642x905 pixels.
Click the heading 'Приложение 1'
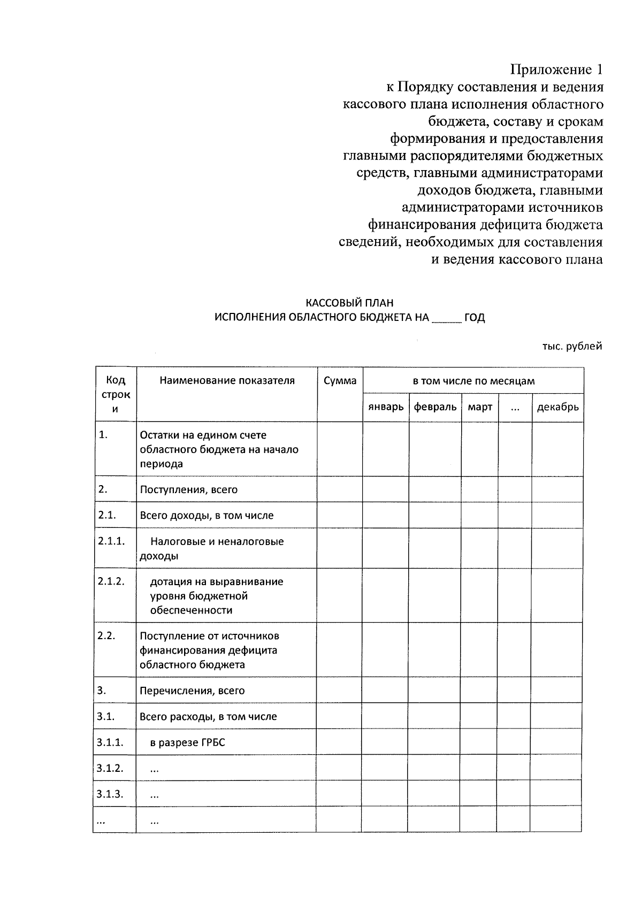click(x=556, y=70)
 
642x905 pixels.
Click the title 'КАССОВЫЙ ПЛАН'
click(x=349, y=303)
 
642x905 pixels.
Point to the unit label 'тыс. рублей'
click(x=572, y=347)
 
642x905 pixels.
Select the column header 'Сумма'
click(x=340, y=381)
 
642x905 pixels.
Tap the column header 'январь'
click(x=386, y=407)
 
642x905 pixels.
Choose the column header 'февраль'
click(x=435, y=407)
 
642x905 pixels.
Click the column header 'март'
click(x=480, y=407)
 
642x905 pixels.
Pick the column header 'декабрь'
click(x=557, y=407)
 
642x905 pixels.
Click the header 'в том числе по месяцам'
click(x=473, y=381)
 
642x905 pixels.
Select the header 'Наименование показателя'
click(x=227, y=381)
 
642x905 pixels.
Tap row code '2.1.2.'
click(x=111, y=581)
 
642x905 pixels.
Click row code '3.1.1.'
click(x=110, y=742)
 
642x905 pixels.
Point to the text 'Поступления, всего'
click(x=188, y=489)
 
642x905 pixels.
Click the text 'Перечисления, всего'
click(x=192, y=691)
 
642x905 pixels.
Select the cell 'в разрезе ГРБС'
click(x=187, y=743)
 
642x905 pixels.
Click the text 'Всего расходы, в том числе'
click(x=208, y=717)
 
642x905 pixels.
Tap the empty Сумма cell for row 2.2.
click(x=339, y=650)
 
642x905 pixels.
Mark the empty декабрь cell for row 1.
click(x=557, y=449)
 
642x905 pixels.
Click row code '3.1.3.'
click(x=110, y=794)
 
